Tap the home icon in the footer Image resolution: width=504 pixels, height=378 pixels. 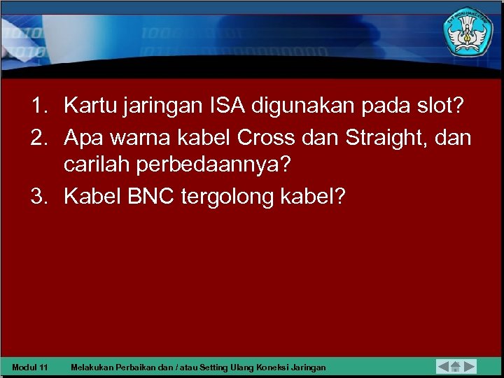(456, 366)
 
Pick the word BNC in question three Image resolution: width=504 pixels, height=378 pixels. (151, 197)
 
